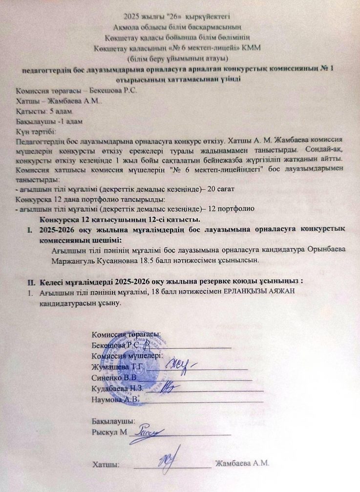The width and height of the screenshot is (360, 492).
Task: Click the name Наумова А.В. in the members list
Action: tap(115, 399)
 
